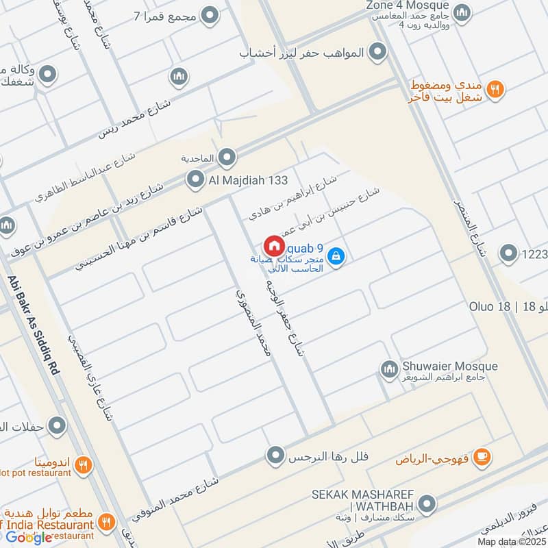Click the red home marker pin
[273, 245]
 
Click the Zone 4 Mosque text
[407, 5]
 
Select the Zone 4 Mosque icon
[463, 12]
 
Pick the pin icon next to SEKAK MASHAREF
[427, 506]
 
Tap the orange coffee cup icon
[482, 456]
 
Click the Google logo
[29, 537]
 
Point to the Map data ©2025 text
[510, 542]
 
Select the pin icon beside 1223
[508, 254]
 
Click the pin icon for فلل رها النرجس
[275, 455]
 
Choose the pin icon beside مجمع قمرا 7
[210, 15]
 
